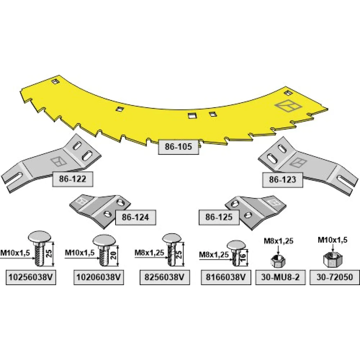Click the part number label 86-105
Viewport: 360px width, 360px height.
coord(179,147)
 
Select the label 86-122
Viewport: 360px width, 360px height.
coord(73,179)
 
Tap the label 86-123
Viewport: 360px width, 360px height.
coord(283,180)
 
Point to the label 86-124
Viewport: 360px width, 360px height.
coord(135,217)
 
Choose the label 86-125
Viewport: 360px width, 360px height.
coord(219,217)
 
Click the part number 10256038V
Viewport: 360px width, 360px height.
coord(31,277)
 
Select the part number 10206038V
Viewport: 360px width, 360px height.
coord(99,277)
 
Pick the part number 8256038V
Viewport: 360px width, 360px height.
coord(165,277)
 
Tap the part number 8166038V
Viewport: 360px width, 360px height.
coord(226,277)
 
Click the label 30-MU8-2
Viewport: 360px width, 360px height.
coord(280,277)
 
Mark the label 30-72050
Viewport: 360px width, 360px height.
coord(335,277)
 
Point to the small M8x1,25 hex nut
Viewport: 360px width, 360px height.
coord(278,261)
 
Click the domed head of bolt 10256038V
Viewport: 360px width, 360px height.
coord(40,237)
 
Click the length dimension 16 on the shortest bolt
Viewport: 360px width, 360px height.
coord(243,255)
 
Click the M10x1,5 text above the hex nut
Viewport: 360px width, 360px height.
coord(333,240)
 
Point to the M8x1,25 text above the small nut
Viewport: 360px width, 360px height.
coord(279,241)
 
